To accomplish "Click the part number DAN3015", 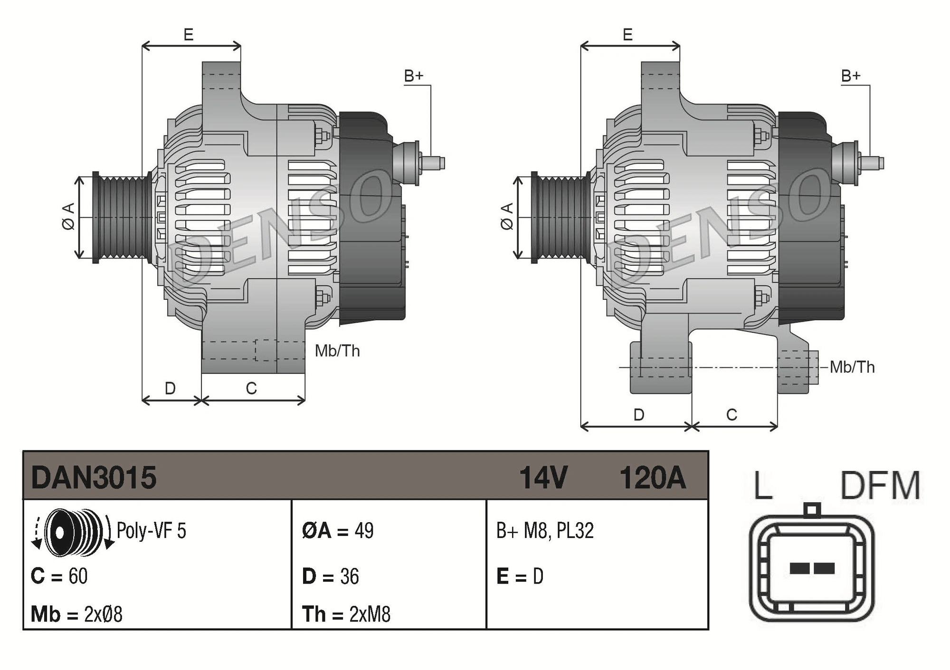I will point(94,477).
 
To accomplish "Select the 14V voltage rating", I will point(543,477).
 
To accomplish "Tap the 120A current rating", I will point(652,477).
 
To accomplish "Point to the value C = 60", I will point(59,576).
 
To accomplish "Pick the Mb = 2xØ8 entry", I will point(76,614).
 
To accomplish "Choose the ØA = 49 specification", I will point(338,530).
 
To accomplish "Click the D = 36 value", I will point(331,576).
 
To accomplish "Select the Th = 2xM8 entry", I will point(346,614).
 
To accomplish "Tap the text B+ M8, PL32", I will point(545,530).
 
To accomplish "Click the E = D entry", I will point(520,576).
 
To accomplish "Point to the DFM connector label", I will point(880,486).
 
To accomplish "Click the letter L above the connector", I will point(763,486).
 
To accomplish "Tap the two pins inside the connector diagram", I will point(812,568).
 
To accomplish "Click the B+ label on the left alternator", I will point(413,76).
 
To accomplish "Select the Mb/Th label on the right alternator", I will point(852,367).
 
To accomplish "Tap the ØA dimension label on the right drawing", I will point(507,216).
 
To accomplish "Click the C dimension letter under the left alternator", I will point(251,388).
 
